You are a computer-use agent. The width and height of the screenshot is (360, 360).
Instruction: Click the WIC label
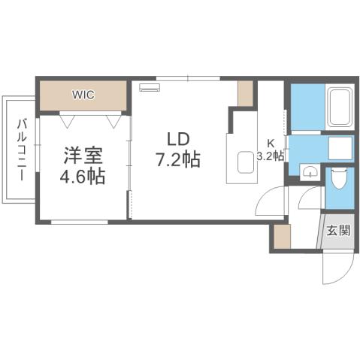click(83, 95)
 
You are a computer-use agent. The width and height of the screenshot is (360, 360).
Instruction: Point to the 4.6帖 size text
click(83, 177)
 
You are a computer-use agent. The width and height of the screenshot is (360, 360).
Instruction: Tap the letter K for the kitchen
click(271, 143)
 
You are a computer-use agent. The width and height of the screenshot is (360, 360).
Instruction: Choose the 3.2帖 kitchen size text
click(271, 156)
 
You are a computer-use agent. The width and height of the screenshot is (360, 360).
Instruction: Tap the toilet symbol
click(339, 180)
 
